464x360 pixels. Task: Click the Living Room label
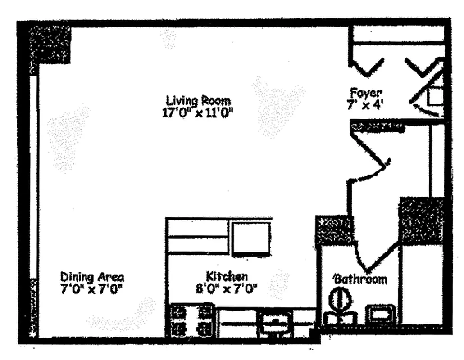click(198, 100)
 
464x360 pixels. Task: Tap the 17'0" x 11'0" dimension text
click(198, 112)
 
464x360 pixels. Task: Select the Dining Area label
click(92, 276)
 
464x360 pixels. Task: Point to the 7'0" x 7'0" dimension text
click(92, 288)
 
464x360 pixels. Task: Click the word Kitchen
click(227, 276)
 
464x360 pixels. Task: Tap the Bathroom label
click(360, 279)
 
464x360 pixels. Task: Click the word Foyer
click(366, 94)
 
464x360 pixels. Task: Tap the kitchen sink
click(275, 322)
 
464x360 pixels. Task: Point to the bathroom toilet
click(340, 306)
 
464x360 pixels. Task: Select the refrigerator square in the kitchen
click(251, 238)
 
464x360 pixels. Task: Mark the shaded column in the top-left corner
click(50, 44)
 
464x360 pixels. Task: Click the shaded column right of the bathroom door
click(421, 220)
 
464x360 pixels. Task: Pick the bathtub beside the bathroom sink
click(422, 283)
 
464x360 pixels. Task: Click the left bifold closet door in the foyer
click(367, 67)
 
